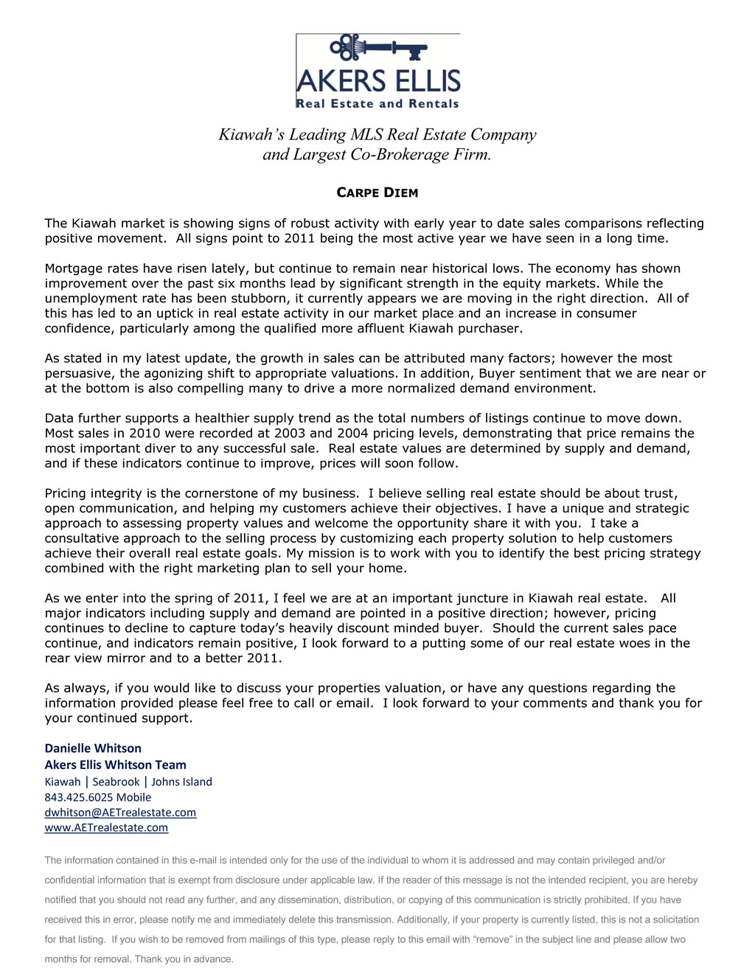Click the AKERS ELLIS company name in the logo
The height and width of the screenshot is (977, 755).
(x=378, y=80)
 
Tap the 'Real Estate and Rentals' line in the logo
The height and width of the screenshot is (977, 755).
(x=377, y=104)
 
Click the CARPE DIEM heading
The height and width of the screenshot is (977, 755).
(x=377, y=193)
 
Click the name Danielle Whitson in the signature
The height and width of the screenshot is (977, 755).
(x=93, y=748)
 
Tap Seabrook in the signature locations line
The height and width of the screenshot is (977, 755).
(x=116, y=782)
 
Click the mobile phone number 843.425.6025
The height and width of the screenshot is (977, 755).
(x=77, y=798)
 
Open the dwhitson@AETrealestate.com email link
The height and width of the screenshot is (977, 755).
(x=120, y=813)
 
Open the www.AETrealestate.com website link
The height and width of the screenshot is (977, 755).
(x=106, y=828)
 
